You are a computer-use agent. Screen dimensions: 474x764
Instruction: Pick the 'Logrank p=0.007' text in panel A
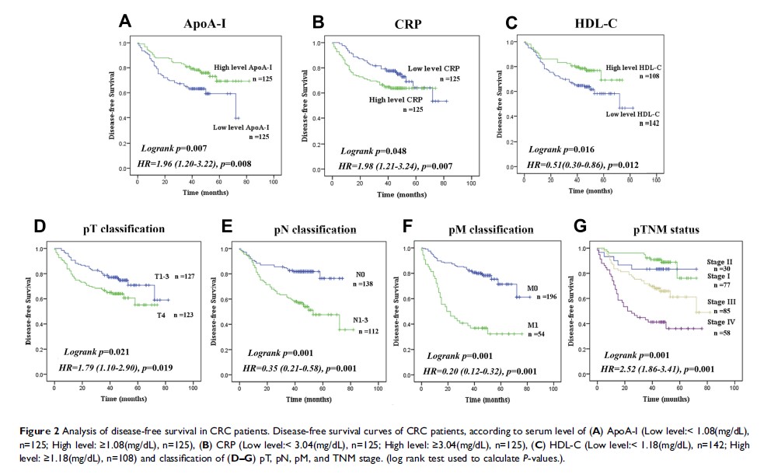170,147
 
